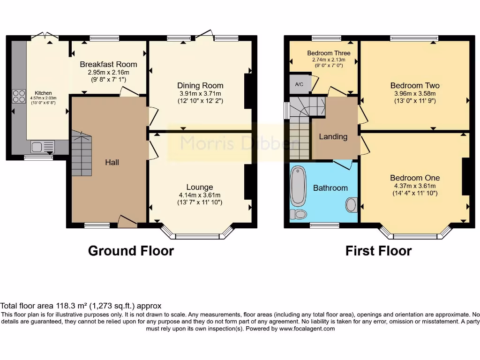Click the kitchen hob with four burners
[19, 96]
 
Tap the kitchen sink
[43, 147]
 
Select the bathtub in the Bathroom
[298, 186]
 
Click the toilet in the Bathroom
[298, 214]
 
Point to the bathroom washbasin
[352, 205]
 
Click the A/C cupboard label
[299, 84]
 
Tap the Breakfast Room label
[108, 64]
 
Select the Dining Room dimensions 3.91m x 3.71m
[200, 94]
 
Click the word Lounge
[200, 187]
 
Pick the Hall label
[112, 162]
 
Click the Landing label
[333, 136]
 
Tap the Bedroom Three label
[329, 53]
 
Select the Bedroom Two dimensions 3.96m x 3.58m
[415, 94]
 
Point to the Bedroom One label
[415, 178]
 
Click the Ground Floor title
[131, 251]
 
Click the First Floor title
[378, 251]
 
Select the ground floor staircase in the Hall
[82, 153]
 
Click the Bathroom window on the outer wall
[324, 225]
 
